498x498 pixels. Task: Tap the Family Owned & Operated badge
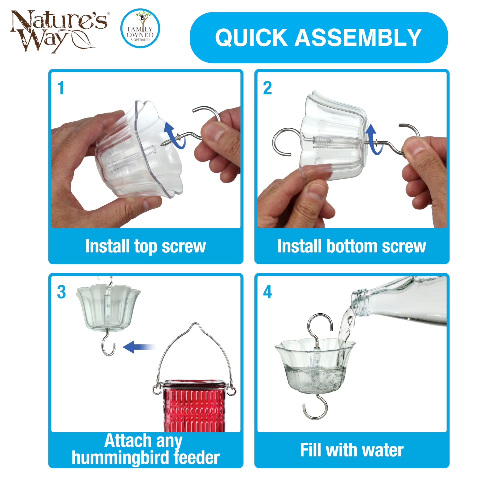click(x=140, y=29)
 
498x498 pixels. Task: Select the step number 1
click(x=61, y=88)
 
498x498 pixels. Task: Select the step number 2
click(x=267, y=88)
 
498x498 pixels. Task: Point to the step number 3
click(x=61, y=292)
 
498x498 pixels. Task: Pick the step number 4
click(x=267, y=292)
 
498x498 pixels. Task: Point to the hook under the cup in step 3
click(x=109, y=345)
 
